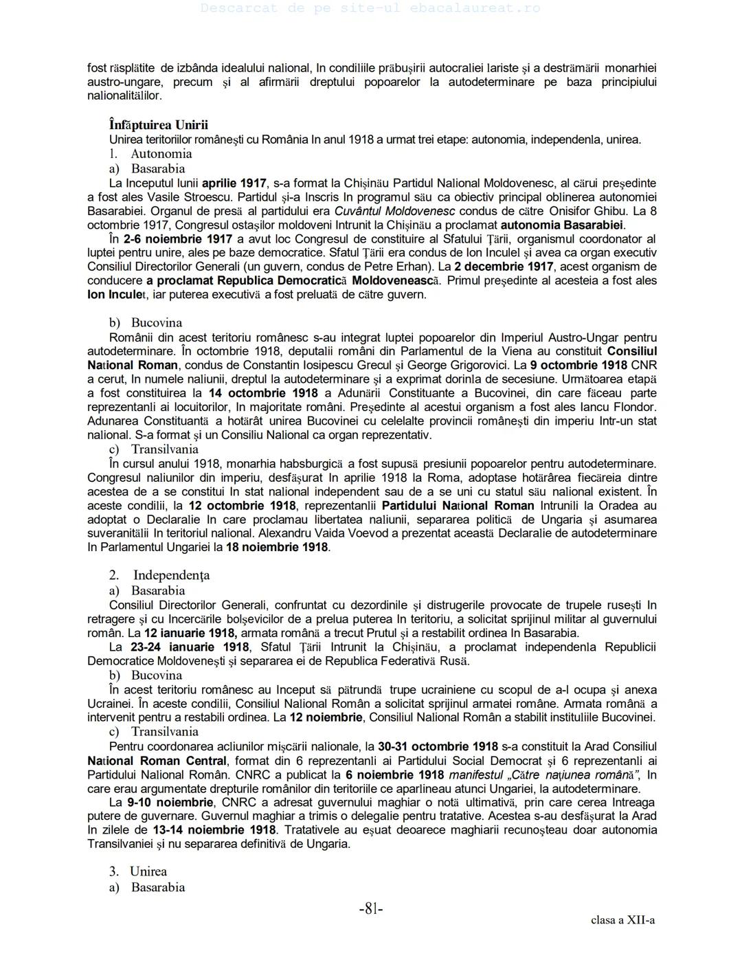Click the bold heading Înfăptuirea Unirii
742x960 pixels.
click(158, 125)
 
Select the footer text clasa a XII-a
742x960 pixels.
click(622, 920)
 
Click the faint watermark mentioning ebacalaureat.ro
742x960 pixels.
click(371, 8)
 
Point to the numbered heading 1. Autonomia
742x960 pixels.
click(150, 154)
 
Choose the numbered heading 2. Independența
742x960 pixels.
click(159, 575)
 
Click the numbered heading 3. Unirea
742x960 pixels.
click(138, 871)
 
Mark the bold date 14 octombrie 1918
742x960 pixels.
click(263, 393)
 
